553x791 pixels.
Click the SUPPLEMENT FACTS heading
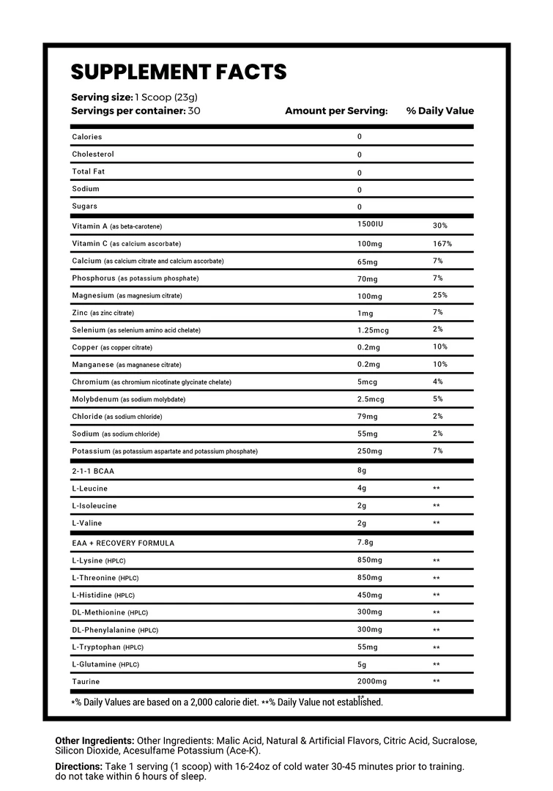click(178, 72)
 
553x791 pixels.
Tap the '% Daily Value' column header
click(439, 111)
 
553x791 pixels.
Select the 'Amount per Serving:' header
click(335, 111)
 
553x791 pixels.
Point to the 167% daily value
click(442, 244)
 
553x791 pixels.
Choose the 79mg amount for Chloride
click(367, 417)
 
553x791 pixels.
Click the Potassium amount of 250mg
click(369, 451)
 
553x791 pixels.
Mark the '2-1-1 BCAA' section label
click(93, 472)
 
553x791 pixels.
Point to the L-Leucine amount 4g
click(362, 489)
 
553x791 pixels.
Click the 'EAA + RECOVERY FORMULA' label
click(123, 543)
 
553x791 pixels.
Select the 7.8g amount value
click(365, 543)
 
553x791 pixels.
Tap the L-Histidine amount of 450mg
click(369, 595)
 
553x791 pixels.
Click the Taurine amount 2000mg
click(371, 682)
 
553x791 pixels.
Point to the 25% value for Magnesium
click(439, 295)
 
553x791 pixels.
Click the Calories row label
click(87, 137)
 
